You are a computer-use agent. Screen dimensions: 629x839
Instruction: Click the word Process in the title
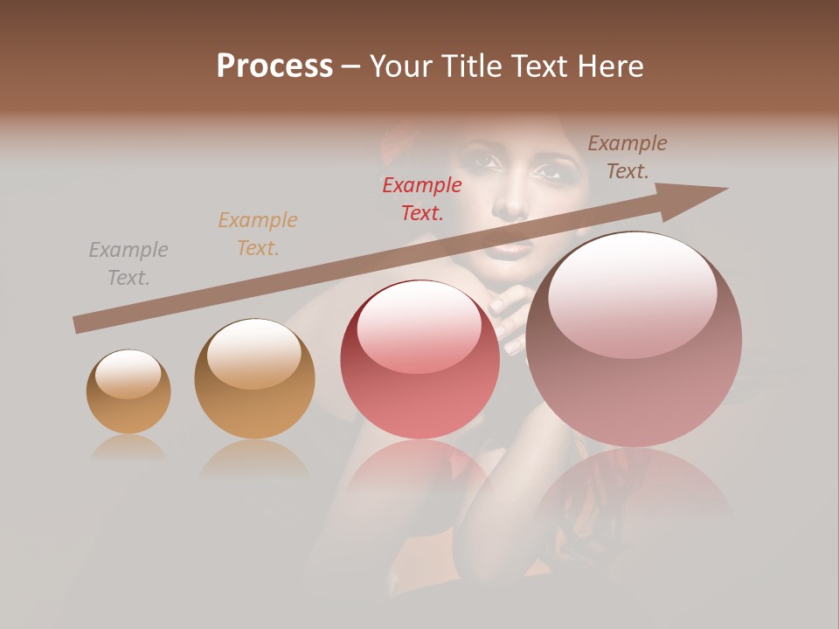[x=274, y=66]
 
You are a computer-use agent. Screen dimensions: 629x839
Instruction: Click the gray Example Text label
[x=128, y=264]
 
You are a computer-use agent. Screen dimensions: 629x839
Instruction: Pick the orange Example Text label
[x=258, y=234]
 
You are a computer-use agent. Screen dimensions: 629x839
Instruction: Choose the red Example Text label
[x=422, y=198]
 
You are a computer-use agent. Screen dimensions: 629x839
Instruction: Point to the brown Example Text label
[x=627, y=157]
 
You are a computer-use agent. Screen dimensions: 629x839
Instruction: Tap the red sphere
[x=420, y=359]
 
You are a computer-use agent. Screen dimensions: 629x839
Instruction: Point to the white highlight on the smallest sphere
[x=128, y=374]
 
